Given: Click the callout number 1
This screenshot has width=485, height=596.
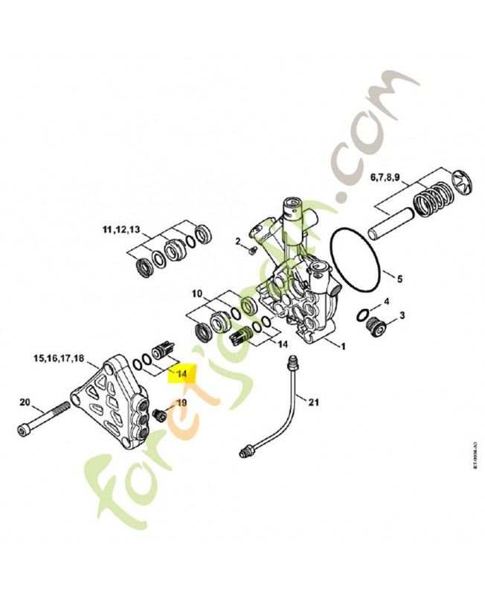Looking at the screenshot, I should (343, 347).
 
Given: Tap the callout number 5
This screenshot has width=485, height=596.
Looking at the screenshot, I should (399, 279).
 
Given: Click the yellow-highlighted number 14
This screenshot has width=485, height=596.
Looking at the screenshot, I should (182, 371).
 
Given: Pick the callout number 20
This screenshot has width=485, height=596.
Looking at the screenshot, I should (25, 403).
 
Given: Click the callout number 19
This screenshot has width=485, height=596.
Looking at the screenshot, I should (182, 403).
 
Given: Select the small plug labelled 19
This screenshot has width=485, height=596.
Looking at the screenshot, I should (158, 412).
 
